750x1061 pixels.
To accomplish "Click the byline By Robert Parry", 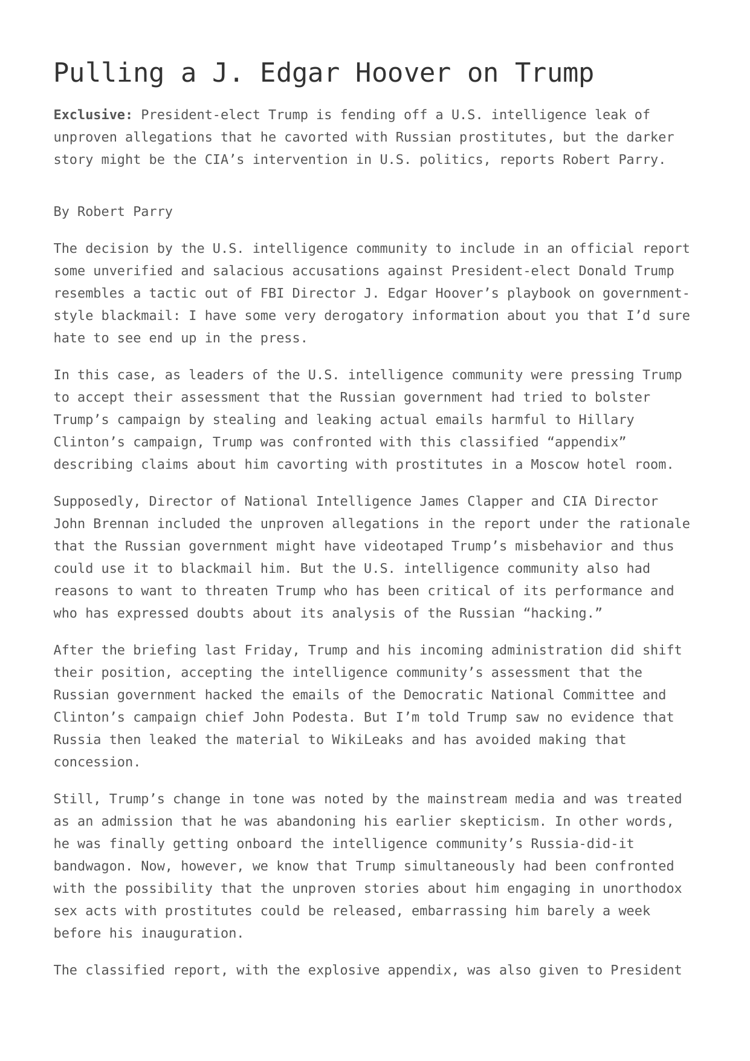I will [x=113, y=212].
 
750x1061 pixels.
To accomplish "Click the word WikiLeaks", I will [x=367, y=740].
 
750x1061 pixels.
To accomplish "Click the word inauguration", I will [x=192, y=933].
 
